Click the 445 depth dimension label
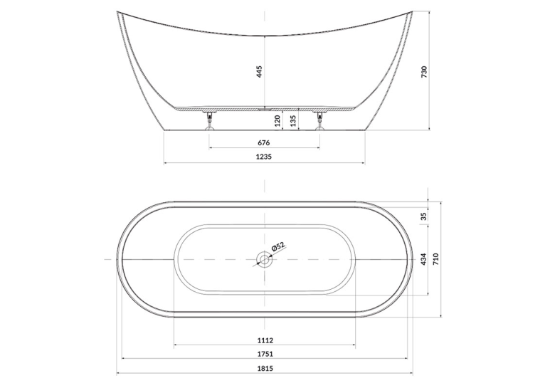[x=259, y=72]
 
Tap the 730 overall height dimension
[x=424, y=72]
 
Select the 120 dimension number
[x=277, y=121]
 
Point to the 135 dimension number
[x=293, y=121]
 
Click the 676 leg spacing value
[x=264, y=142]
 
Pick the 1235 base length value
[x=264, y=157]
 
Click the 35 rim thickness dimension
[x=424, y=216]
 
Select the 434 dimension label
[x=424, y=259]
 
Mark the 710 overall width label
[x=437, y=259]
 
